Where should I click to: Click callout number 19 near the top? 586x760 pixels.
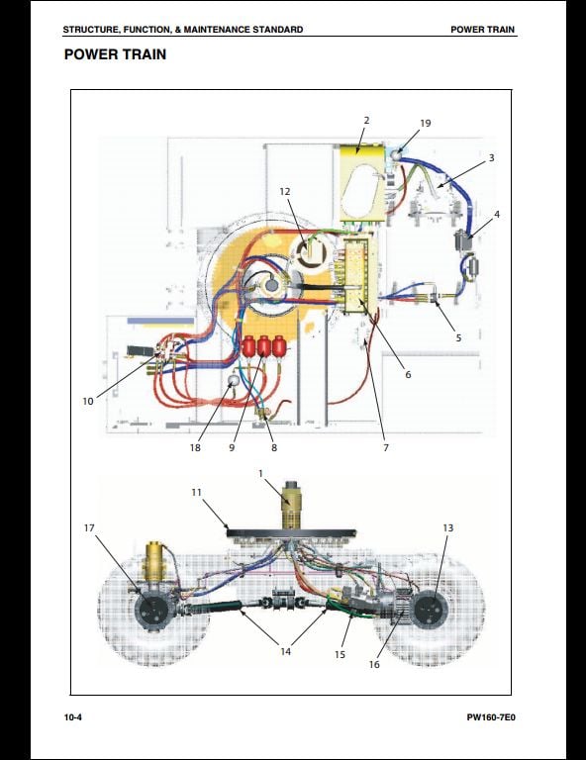point(425,123)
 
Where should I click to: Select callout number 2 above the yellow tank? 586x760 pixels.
point(366,120)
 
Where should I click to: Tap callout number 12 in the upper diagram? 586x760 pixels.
point(284,191)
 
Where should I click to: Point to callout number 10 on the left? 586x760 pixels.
point(88,402)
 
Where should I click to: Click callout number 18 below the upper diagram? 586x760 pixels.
point(195,447)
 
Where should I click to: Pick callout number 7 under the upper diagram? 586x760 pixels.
point(386,448)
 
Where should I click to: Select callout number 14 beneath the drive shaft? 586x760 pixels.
point(285,651)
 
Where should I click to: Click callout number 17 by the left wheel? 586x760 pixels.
point(89,527)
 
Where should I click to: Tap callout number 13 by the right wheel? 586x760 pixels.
point(447,527)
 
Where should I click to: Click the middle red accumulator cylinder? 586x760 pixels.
point(264,347)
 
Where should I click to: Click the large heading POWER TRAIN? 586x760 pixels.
point(115,54)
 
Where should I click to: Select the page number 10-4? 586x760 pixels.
point(72,717)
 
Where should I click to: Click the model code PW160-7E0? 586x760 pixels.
point(491,717)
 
